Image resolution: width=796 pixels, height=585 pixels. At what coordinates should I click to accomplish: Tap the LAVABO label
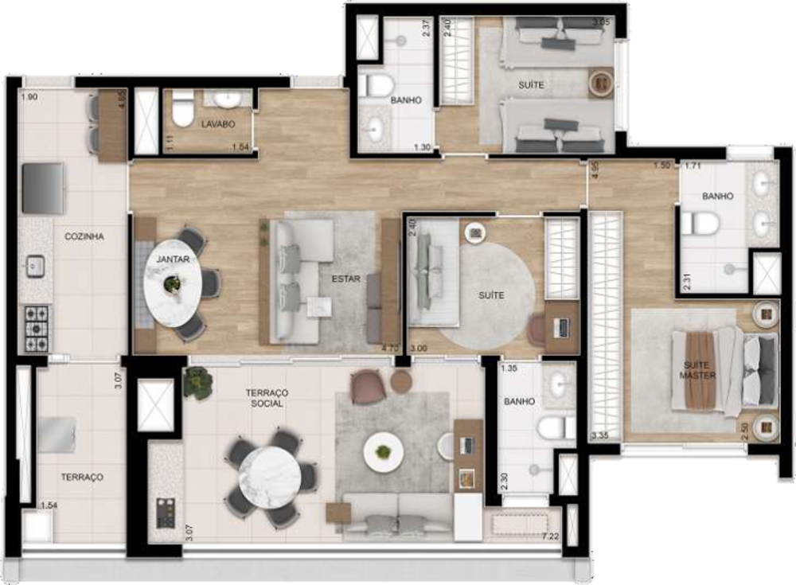(x=217, y=124)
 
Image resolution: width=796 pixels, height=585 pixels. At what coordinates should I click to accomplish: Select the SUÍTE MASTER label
(x=698, y=369)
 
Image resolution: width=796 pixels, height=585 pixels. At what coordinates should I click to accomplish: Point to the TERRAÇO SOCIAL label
(x=266, y=398)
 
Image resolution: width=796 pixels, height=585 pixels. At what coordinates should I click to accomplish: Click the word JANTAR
(x=173, y=259)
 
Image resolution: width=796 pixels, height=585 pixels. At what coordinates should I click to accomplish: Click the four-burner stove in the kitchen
(x=37, y=327)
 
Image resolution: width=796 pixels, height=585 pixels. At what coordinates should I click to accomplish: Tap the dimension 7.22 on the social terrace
(x=550, y=536)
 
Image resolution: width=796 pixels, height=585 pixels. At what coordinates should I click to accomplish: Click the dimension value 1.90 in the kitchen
(x=29, y=97)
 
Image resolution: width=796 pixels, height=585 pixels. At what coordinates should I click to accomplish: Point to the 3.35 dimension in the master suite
(x=600, y=435)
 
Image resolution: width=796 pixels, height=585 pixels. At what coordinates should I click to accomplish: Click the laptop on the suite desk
(x=560, y=326)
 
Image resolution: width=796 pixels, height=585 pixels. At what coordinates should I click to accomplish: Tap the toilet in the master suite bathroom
(x=700, y=223)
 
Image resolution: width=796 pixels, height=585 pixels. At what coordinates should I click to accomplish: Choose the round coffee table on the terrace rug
(x=384, y=451)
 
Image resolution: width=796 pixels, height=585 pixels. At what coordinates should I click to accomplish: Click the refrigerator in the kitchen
(x=43, y=188)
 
